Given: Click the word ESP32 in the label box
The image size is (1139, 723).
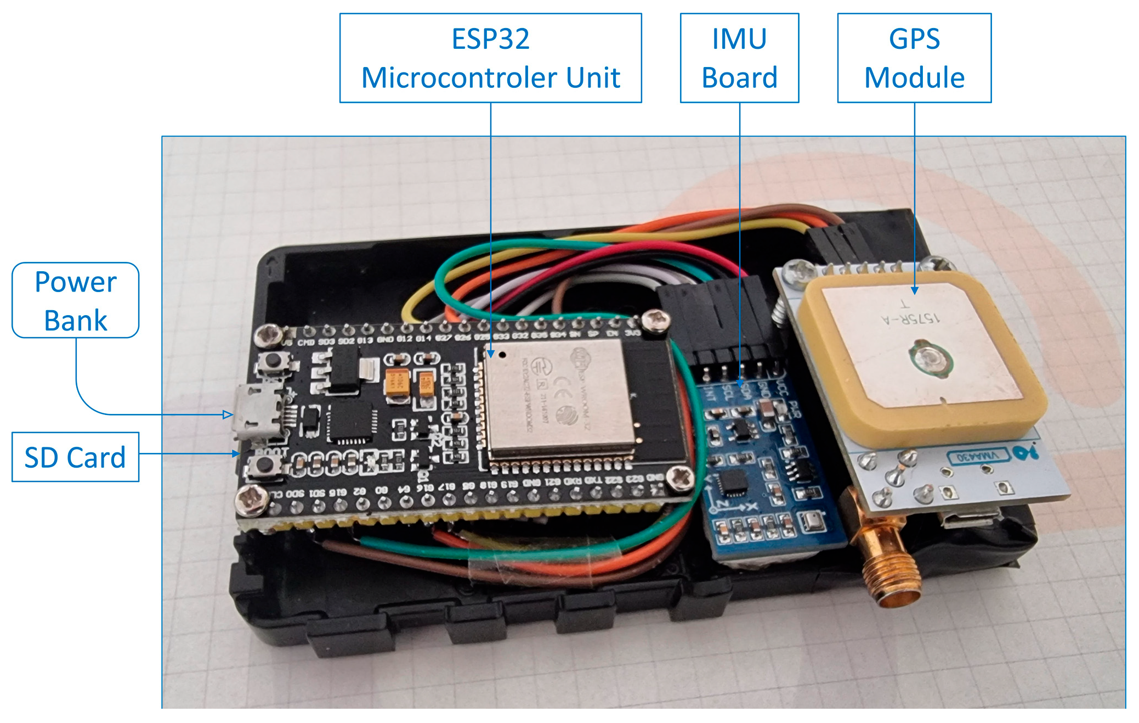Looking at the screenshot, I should tap(490, 39).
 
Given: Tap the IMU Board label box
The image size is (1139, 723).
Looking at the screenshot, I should tap(739, 58).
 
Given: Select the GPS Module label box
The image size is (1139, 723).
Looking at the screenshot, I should tap(914, 58).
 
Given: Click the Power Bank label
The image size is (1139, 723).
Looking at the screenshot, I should tap(76, 300).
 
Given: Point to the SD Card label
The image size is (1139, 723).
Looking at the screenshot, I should tap(75, 457).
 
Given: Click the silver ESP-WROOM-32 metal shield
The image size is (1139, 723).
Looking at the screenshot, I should tap(559, 398).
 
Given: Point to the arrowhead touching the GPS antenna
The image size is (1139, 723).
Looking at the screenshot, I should tap(914, 290).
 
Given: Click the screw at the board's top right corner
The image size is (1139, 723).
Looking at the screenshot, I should tap(655, 320).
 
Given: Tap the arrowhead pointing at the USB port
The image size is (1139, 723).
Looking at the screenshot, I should tap(227, 414).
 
